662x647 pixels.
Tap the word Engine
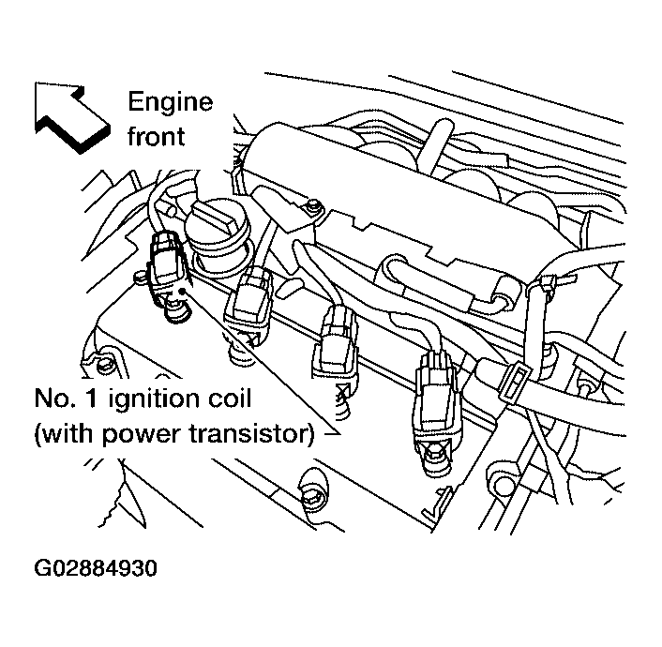click(170, 101)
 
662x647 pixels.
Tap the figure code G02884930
click(95, 569)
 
